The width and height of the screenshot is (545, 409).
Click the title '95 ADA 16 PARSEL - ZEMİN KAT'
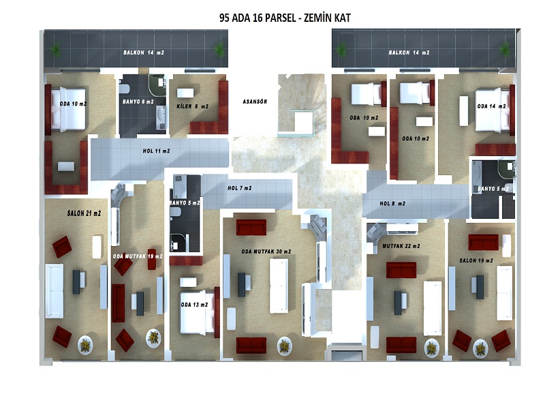[285, 18]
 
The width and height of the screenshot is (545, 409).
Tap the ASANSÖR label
[255, 102]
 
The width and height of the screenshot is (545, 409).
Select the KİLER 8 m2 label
[192, 106]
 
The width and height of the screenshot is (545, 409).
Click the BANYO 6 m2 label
[138, 102]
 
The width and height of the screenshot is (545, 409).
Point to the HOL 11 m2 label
[157, 151]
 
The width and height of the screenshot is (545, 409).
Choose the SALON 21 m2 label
[84, 213]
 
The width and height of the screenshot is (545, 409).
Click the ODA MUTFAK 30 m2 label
[266, 252]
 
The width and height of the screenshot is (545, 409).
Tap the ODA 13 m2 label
[194, 305]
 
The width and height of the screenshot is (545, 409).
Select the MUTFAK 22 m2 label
[401, 246]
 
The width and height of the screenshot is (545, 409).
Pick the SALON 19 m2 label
[476, 260]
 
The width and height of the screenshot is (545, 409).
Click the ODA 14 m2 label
[491, 106]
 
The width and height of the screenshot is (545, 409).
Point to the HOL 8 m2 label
[392, 203]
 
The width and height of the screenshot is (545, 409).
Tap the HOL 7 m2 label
[240, 188]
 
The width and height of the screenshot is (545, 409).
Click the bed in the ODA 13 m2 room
[197, 312]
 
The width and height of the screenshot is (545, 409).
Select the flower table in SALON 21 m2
[85, 345]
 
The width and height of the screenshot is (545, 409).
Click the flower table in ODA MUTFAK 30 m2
[285, 346]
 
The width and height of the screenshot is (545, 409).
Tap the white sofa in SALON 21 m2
[54, 291]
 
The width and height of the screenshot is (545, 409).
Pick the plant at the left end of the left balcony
[56, 50]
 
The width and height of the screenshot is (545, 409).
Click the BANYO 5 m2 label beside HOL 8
[493, 189]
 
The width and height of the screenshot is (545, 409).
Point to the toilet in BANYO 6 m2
[124, 87]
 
